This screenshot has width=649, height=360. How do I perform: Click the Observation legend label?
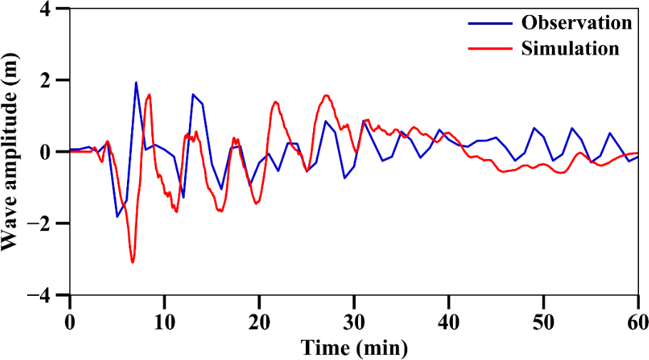point(576,22)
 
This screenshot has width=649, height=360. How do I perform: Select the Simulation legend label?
point(570,48)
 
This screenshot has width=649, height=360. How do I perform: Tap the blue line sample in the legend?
point(491,22)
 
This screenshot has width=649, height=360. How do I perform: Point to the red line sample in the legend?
point(491,48)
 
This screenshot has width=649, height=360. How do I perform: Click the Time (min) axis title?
point(354,347)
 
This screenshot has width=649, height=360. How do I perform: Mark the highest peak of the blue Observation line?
point(136,83)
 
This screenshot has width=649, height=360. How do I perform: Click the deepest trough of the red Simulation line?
point(133,262)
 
